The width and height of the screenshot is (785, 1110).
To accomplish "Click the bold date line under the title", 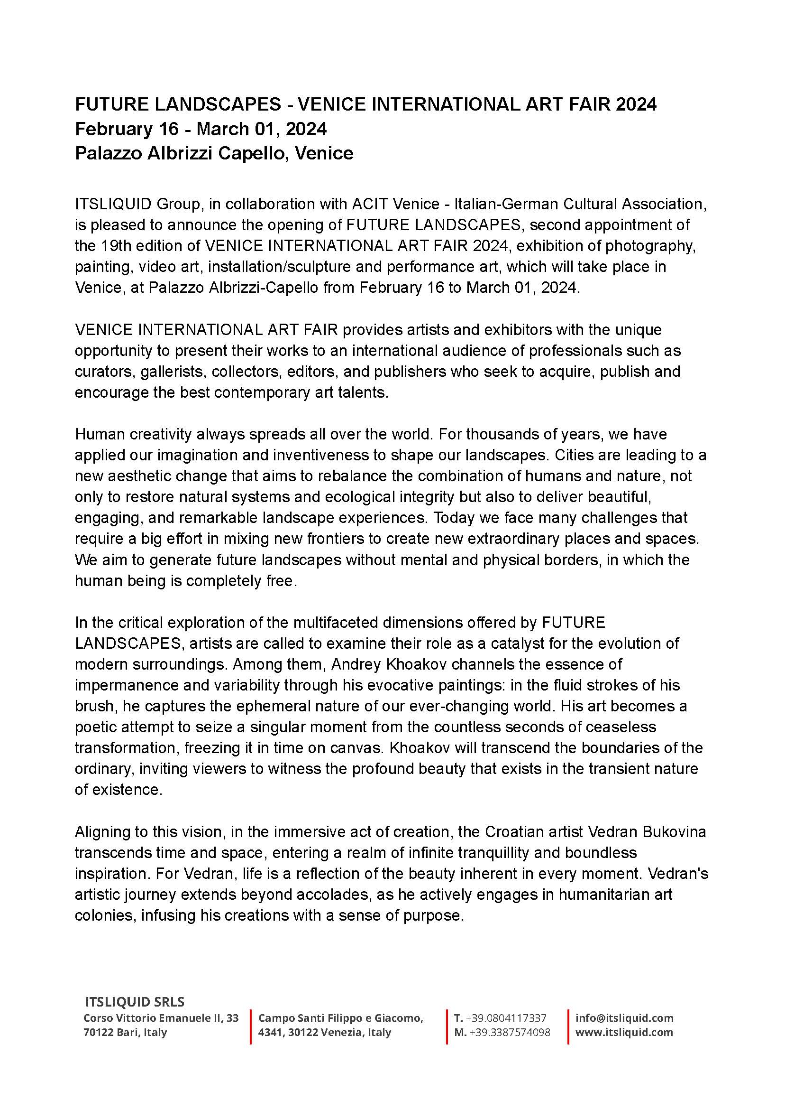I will pos(201,129).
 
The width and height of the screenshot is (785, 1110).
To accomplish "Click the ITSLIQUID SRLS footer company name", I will pos(135,1002).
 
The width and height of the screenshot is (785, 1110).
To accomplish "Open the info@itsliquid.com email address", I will pos(624,1018).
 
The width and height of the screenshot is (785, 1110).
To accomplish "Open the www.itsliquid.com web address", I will pos(624,1033).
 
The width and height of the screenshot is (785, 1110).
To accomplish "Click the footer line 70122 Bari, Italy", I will pos(125,1033).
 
